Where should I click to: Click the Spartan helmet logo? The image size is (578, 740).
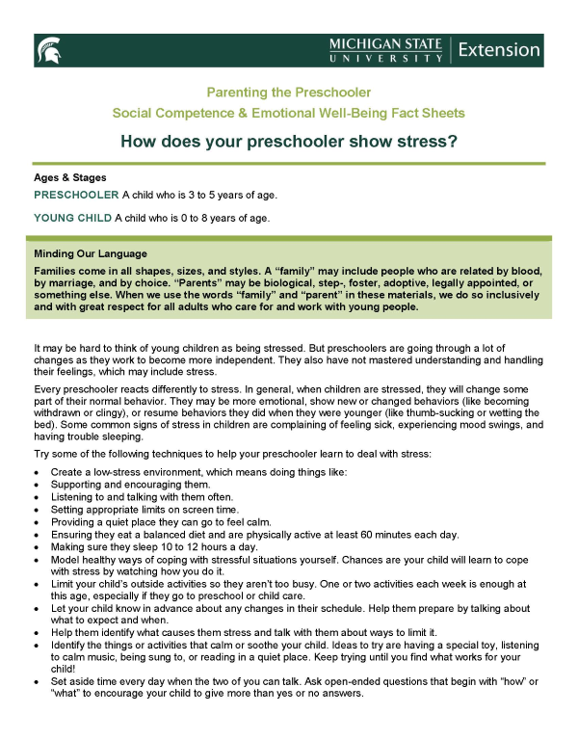[x=48, y=50]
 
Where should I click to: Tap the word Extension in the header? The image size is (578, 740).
[x=499, y=49]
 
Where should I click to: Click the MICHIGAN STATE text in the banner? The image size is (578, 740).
[x=385, y=44]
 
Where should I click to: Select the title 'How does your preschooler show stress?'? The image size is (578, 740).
[x=289, y=142]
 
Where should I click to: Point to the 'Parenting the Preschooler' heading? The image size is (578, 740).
[x=289, y=93]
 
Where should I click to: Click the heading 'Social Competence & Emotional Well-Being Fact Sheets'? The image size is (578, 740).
[x=289, y=113]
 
